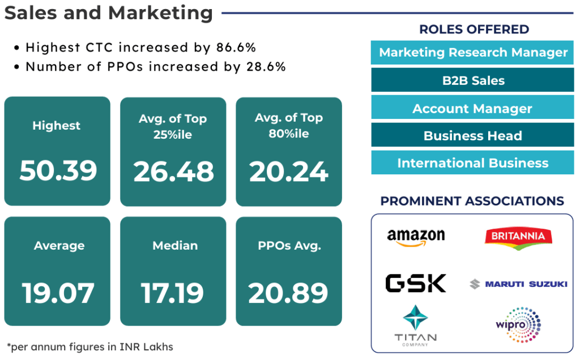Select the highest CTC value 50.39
click(x=58, y=170)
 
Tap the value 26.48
click(x=173, y=171)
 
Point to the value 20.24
click(x=289, y=171)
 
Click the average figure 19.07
click(x=58, y=292)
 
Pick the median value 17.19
click(x=172, y=292)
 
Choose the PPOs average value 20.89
click(x=288, y=292)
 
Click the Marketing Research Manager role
click(x=473, y=53)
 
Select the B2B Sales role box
click(x=473, y=80)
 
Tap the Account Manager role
click(x=473, y=108)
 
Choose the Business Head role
click(x=473, y=136)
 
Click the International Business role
click(x=473, y=163)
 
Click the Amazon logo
click(x=416, y=237)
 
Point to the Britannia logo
click(x=518, y=237)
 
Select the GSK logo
click(x=416, y=283)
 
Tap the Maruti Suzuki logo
click(x=518, y=284)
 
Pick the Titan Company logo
click(x=416, y=325)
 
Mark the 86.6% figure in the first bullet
click(x=234, y=48)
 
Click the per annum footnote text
click(x=90, y=346)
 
